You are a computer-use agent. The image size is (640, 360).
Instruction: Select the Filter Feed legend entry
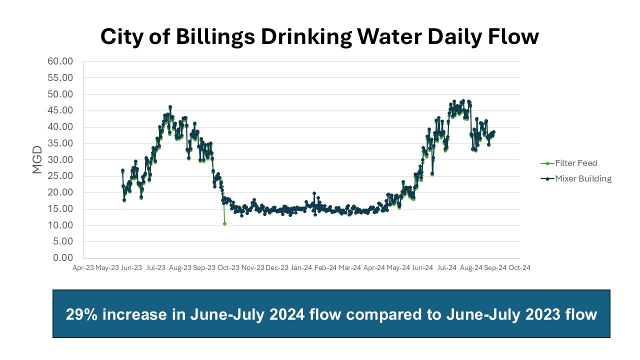[575, 163]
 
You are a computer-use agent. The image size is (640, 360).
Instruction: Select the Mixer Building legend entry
[583, 178]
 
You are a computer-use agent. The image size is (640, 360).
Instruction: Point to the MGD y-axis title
[37, 159]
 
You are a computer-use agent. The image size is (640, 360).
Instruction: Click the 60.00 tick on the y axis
[60, 61]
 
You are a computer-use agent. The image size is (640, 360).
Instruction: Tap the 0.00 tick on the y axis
[63, 257]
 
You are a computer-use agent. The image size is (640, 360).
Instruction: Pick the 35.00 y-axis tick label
[60, 143]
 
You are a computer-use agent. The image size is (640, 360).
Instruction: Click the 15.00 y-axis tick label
[60, 208]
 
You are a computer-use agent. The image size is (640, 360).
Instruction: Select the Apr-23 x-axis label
[83, 267]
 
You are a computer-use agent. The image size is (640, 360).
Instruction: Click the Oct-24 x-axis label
[519, 267]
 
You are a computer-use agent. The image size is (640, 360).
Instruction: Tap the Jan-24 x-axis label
[301, 267]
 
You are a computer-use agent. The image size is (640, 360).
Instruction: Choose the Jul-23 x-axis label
[155, 267]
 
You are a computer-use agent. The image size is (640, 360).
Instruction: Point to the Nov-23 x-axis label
[253, 267]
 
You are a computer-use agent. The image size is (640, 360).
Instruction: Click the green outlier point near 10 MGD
[224, 223]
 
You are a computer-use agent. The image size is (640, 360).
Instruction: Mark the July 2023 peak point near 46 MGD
[170, 107]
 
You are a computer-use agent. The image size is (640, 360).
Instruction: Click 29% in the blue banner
[79, 314]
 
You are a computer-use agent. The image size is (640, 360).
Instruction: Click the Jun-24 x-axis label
[422, 267]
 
